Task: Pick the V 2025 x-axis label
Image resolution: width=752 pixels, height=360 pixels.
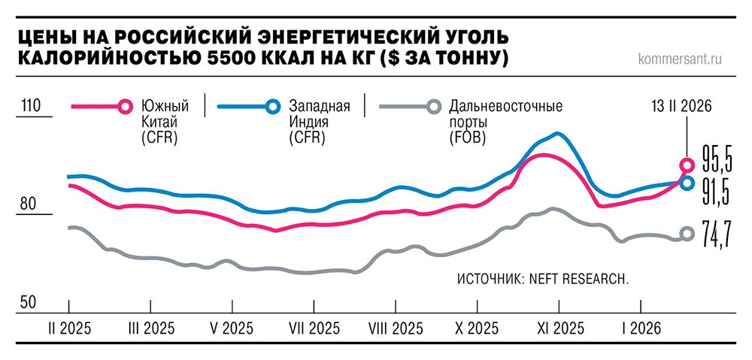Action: coord(232,328)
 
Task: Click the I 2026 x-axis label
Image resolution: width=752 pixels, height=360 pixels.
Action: coord(640,328)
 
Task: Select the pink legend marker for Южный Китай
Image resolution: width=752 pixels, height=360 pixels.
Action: coord(125,106)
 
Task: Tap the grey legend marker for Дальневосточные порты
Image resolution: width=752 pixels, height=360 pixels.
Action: coord(433,106)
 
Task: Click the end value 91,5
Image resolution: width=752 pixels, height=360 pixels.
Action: coord(715,193)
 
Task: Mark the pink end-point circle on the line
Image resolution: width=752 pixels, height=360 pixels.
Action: coord(687,165)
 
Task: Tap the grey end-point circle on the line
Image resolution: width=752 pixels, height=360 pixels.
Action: coord(687,234)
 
